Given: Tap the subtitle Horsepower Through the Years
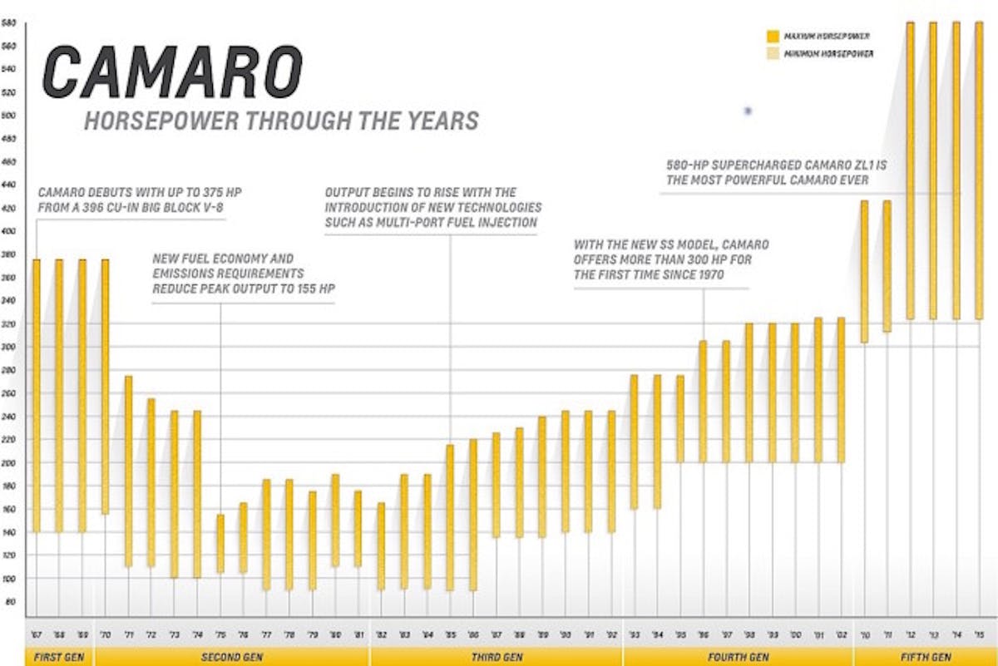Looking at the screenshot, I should point(281,121).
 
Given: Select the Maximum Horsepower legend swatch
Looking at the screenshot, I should point(773,37).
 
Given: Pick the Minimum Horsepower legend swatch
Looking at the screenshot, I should point(773,54).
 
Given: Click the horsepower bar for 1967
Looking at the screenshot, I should point(36,395).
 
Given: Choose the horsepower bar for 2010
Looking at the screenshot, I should point(864,271).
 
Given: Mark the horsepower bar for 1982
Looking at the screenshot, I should point(381,545).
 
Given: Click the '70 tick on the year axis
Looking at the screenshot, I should point(106,634).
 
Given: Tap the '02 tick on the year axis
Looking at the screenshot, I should point(842,634).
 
